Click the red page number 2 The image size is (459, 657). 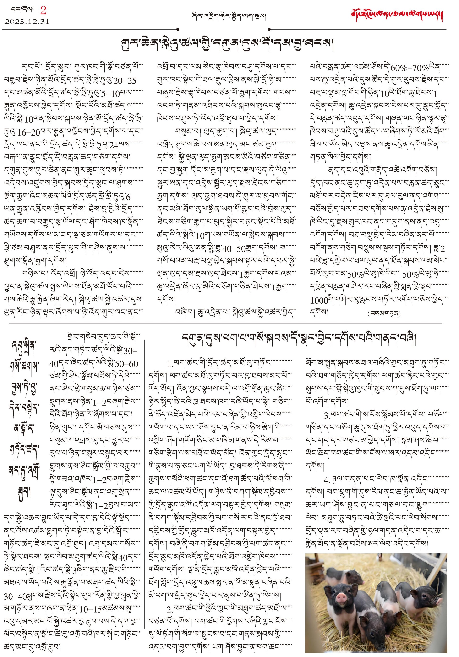click(43, 11)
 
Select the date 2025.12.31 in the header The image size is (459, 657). click(27, 22)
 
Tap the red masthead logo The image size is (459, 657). click(397, 16)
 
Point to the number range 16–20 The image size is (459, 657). click(28, 132)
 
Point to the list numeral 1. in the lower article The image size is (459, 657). click(170, 364)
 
